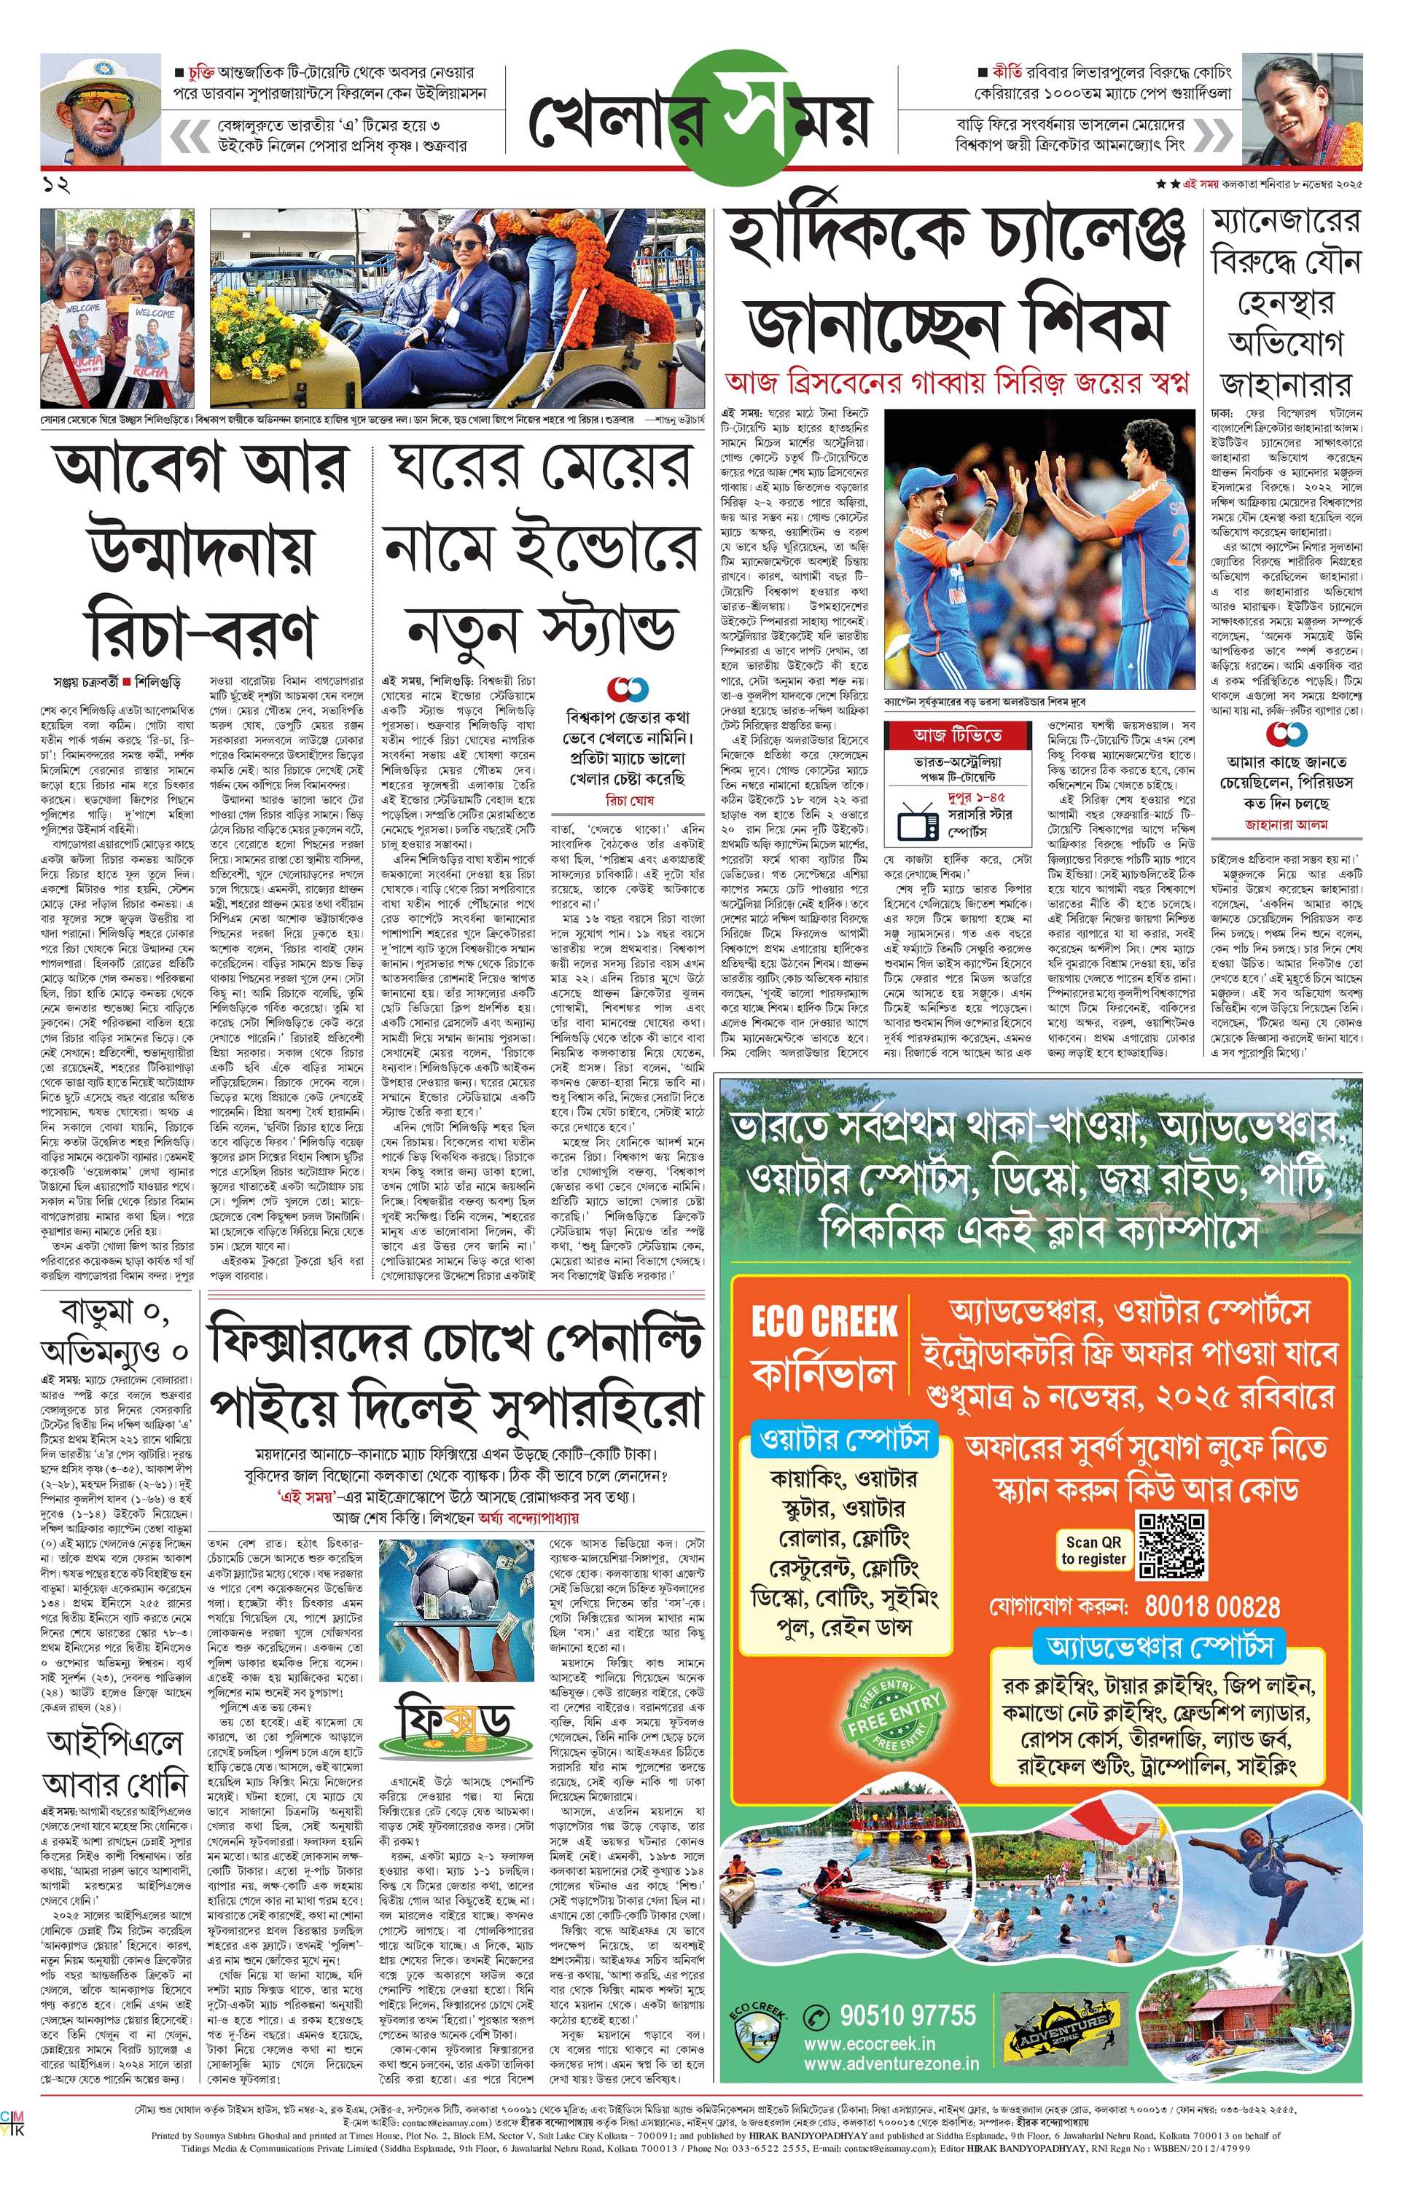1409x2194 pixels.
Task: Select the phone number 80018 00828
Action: click(x=1212, y=1607)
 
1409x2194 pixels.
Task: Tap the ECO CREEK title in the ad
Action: click(x=824, y=1322)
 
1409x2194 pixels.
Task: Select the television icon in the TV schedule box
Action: click(x=918, y=821)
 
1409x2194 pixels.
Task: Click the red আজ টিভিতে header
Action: click(x=957, y=735)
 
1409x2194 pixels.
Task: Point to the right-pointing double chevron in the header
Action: click(x=1213, y=136)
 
